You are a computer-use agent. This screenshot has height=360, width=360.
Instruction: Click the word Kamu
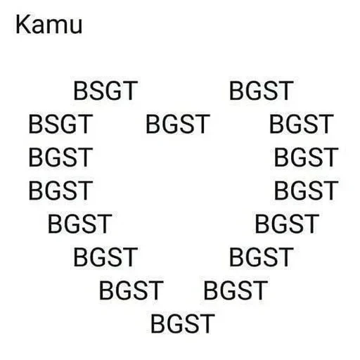point(49,25)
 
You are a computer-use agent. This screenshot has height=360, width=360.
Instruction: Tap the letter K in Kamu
point(23,25)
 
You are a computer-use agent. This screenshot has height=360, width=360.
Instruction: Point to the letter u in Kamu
point(76,27)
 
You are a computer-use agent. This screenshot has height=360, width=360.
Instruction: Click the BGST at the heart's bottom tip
point(183,323)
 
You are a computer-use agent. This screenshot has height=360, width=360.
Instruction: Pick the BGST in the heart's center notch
point(177,124)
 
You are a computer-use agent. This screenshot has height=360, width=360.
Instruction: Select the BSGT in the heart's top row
point(105,91)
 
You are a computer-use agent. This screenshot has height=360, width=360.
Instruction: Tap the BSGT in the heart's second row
point(60,124)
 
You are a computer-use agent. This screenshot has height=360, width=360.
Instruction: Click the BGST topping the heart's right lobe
point(261,91)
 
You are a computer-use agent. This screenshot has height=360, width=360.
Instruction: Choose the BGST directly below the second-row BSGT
point(60,157)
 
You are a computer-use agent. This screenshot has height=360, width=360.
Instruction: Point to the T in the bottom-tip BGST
point(207,323)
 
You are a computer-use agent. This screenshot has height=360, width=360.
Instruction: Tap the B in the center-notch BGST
point(153,124)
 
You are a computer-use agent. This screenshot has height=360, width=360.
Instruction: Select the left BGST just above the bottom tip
point(131,290)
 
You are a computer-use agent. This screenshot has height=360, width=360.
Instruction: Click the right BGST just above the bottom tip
point(236,290)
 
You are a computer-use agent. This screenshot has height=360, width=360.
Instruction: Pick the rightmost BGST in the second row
point(302,124)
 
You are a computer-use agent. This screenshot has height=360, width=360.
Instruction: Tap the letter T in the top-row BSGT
point(129,91)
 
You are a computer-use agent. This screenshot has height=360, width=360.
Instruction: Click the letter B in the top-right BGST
point(237,91)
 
